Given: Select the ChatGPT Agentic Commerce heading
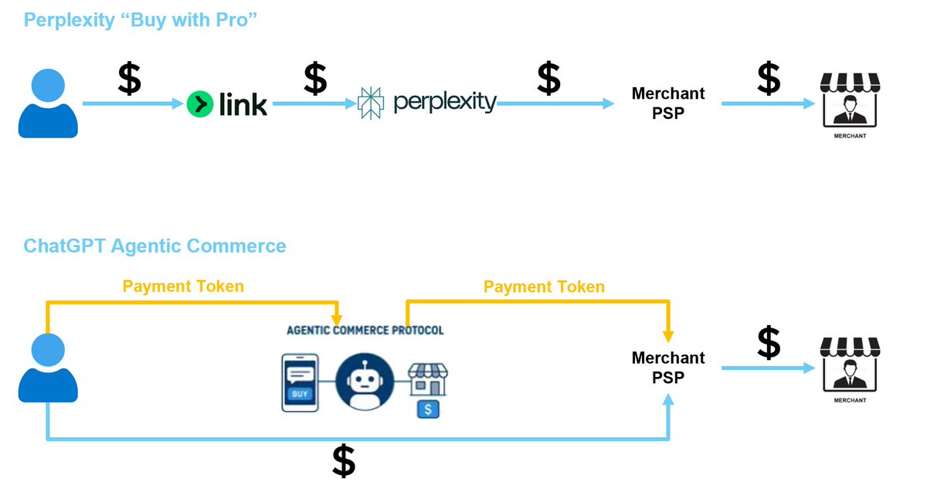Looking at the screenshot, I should (154, 246).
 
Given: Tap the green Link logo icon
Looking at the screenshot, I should (200, 103).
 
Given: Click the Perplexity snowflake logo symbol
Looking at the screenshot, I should (372, 103).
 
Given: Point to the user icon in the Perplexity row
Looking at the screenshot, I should (48, 103).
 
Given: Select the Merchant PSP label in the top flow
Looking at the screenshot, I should (668, 103).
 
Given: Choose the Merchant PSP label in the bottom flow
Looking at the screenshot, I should (668, 368).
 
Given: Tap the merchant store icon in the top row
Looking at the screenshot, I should (850, 102).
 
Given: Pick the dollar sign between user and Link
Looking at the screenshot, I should (129, 79).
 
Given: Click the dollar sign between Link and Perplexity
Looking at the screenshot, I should (315, 79).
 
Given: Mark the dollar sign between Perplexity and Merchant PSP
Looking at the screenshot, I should (548, 79).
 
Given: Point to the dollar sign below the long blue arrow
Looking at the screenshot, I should (344, 462).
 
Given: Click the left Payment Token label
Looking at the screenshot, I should (183, 287).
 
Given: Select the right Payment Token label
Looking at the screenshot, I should (544, 287).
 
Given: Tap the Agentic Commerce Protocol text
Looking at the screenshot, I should (365, 331).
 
